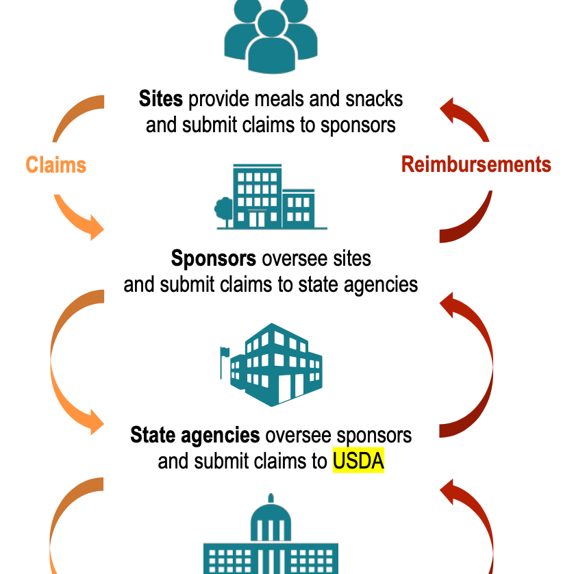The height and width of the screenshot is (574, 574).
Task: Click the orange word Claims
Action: [x=56, y=164]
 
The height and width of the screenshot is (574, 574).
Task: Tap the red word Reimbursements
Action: [x=476, y=164]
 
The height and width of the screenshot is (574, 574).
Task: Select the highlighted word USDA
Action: [x=358, y=460]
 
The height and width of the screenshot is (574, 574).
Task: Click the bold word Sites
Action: [x=161, y=99]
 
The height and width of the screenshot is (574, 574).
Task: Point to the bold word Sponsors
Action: [x=214, y=258]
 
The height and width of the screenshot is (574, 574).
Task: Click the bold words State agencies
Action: [x=195, y=435]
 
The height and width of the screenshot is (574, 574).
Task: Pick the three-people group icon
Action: [x=271, y=36]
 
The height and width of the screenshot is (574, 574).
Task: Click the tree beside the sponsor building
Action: [x=223, y=210]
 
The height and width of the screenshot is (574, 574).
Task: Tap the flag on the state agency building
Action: [x=225, y=353]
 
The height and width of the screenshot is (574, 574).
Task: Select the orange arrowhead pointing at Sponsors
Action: [x=97, y=227]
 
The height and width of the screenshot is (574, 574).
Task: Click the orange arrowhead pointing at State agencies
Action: [x=97, y=422]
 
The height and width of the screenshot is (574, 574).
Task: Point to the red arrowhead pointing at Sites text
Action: [x=447, y=110]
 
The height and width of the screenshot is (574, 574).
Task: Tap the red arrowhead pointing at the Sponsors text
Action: [x=447, y=305]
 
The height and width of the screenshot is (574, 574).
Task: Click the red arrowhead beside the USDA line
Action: [x=447, y=492]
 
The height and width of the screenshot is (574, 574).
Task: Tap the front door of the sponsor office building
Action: [x=257, y=219]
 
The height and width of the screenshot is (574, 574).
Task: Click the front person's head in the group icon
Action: [x=271, y=23]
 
